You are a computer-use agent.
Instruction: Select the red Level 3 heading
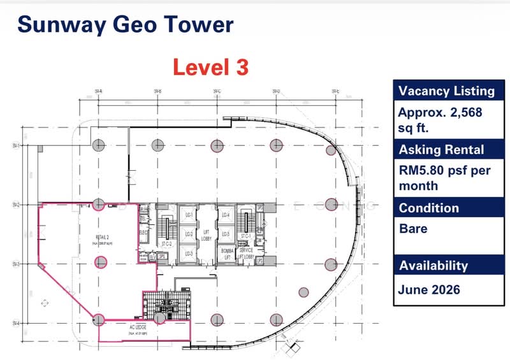coord(210,67)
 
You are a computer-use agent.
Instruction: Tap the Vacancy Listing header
coord(446,91)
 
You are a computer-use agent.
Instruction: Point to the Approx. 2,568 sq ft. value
coord(440,120)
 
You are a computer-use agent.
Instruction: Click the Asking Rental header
coord(441,150)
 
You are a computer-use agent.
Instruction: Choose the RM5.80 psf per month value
coord(437,178)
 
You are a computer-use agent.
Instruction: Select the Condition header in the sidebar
coord(428,208)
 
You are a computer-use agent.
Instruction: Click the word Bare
coord(412,227)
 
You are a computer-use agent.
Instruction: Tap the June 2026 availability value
coord(429,289)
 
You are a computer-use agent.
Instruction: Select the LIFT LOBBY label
coord(207,235)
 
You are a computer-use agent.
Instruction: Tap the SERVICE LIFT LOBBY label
coord(245,254)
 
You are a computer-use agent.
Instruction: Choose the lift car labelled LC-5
coord(225,234)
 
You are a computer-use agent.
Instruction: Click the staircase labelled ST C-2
coord(168,243)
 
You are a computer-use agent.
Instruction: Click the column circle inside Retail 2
coord(100,261)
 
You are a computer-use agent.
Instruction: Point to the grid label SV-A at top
coord(99,92)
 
